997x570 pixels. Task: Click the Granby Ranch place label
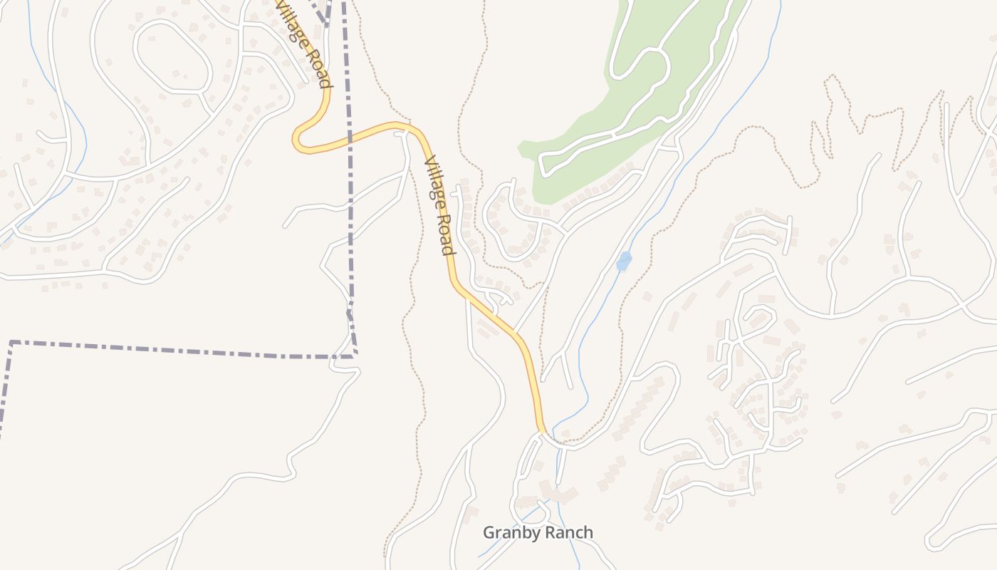click(x=538, y=532)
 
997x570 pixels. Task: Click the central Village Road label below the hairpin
click(x=439, y=207)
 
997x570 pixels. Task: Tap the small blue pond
click(x=624, y=261)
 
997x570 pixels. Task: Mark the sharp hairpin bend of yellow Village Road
click(x=298, y=139)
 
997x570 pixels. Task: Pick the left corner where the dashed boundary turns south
click(x=11, y=343)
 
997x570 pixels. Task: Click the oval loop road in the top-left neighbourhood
click(x=173, y=57)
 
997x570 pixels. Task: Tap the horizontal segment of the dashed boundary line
click(x=178, y=350)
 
